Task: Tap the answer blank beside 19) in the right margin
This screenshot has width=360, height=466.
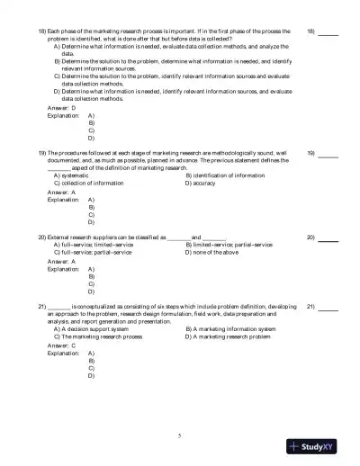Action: pos(328,154)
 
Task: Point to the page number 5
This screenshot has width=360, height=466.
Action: pos(180,435)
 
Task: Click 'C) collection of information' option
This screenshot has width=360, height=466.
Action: pos(93,183)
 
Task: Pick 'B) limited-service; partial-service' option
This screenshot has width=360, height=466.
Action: pos(229,245)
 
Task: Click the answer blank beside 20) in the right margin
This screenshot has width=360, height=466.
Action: pos(328,237)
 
